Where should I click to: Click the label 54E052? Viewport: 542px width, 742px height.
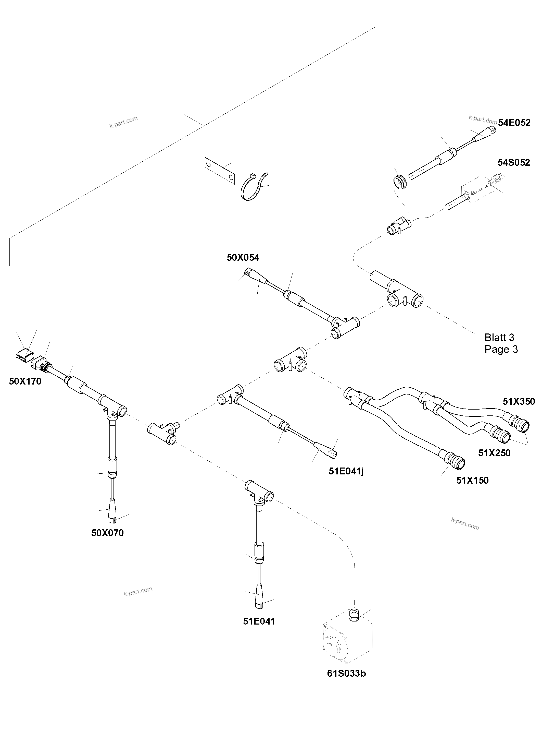click(x=514, y=123)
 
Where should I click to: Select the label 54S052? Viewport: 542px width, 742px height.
click(x=513, y=163)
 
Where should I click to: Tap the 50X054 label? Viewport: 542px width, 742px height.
click(x=243, y=258)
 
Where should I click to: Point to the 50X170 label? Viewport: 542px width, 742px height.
click(x=25, y=381)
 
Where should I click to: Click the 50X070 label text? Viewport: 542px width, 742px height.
click(x=107, y=533)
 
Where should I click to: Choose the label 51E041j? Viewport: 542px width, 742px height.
click(x=346, y=471)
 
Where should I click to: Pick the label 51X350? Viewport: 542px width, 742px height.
click(x=519, y=401)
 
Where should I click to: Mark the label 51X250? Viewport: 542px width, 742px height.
click(x=494, y=453)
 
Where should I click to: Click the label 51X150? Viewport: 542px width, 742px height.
click(x=472, y=480)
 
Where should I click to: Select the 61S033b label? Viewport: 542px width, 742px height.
click(x=346, y=673)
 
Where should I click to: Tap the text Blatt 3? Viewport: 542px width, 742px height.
click(x=499, y=337)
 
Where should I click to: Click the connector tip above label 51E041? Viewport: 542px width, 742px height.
click(x=259, y=601)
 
